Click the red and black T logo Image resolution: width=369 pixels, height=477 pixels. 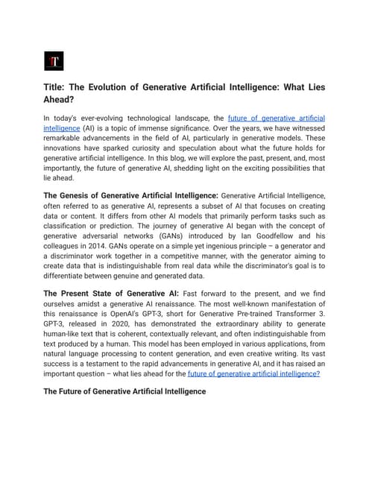coord(54,60)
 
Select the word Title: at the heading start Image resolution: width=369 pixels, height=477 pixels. coord(57,88)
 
